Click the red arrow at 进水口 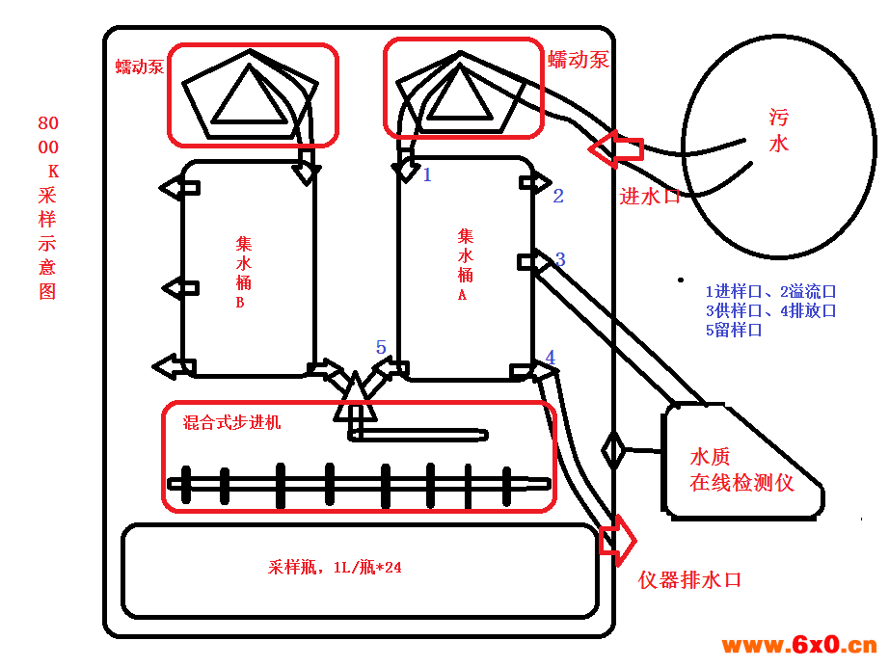pos(616,149)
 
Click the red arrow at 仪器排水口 pos(618,540)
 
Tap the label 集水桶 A pos(465,264)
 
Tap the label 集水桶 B pos(243,272)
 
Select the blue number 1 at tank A pos(427,174)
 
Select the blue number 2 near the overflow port pos(558,196)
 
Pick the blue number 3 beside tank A pos(560,259)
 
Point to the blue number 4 pos(550,357)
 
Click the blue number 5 pos(381,347)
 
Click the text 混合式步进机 pos(231,422)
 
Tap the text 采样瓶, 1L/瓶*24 pos(335,568)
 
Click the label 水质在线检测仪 pos(741,469)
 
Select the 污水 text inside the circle pos(778,131)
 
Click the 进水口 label pos(650,197)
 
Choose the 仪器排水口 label pos(690,579)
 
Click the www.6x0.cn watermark pos(799,645)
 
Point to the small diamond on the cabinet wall pos(613,450)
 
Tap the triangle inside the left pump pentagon pos(250,94)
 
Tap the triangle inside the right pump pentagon pos(459,93)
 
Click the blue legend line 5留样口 pos(734,330)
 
